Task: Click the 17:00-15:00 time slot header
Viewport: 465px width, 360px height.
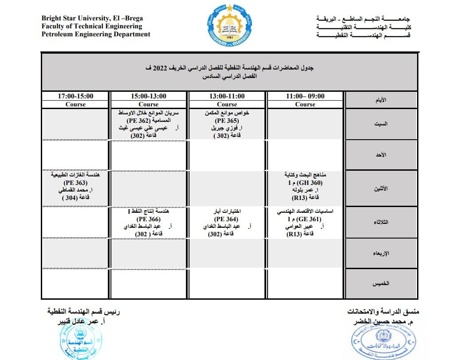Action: (76, 96)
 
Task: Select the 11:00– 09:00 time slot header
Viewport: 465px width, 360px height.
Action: (305, 96)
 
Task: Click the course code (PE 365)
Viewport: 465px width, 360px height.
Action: (227, 121)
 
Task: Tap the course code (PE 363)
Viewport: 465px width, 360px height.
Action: (76, 183)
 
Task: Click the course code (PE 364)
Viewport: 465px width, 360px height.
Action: (226, 219)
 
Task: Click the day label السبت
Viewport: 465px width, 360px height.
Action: (381, 124)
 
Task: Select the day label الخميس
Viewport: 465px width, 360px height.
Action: (381, 282)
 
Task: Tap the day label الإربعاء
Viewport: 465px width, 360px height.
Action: (381, 254)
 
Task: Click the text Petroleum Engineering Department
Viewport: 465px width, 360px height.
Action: (96, 34)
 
